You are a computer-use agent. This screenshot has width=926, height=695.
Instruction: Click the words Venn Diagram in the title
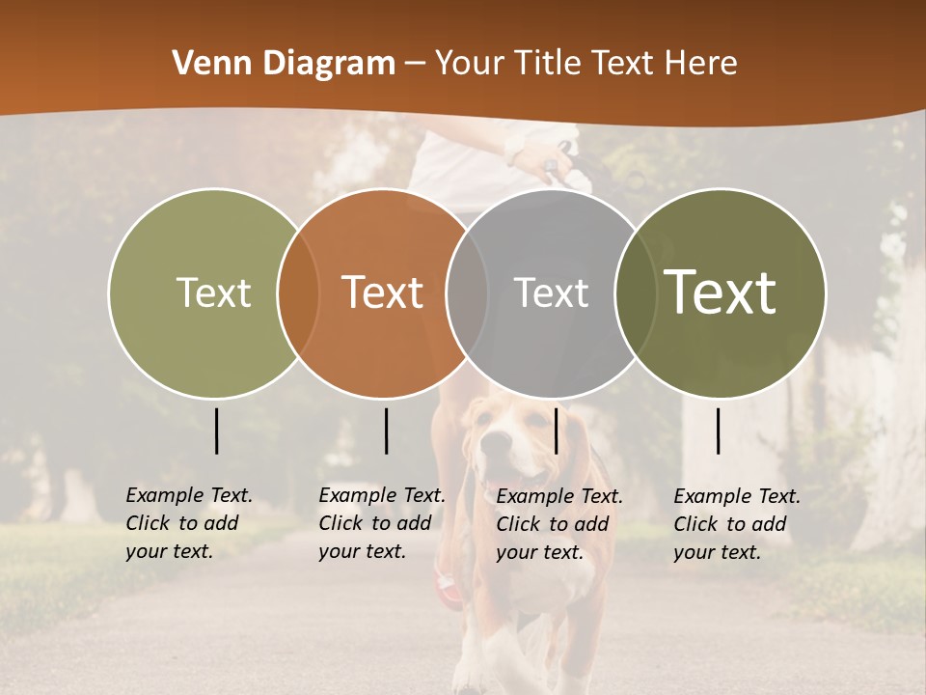point(283,64)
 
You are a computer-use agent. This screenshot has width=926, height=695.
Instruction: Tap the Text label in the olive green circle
point(213,292)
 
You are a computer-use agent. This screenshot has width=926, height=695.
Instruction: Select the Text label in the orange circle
point(383,292)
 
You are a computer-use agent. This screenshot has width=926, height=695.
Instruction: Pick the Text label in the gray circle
point(551,292)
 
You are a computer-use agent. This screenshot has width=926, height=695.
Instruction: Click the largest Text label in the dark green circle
point(721,292)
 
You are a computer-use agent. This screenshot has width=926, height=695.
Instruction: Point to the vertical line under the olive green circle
point(216,431)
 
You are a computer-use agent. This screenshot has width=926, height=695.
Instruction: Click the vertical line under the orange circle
point(386,431)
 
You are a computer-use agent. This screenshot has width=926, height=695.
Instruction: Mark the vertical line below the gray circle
point(556,431)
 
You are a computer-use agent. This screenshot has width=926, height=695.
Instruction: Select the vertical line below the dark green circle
point(719,431)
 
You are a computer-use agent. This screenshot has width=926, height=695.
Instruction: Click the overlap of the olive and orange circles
point(298,292)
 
